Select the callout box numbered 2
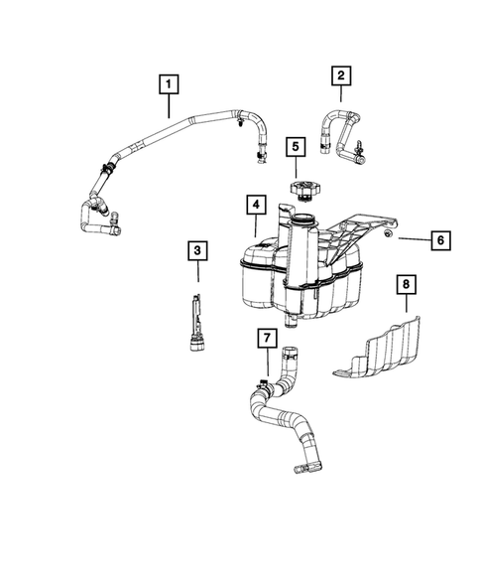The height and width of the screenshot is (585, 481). click(341, 74)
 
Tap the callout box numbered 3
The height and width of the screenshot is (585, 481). click(197, 251)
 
